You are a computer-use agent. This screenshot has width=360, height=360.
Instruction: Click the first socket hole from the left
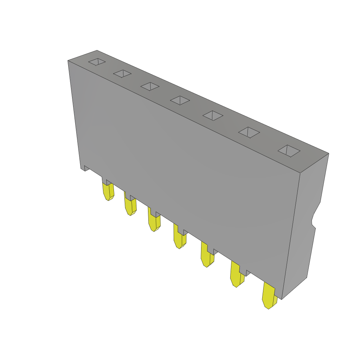(x=97, y=62)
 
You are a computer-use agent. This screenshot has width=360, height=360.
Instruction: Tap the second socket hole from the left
(x=122, y=73)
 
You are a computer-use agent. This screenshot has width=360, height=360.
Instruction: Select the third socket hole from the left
(x=150, y=86)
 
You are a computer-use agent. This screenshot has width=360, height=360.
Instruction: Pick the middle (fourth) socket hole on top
(x=180, y=100)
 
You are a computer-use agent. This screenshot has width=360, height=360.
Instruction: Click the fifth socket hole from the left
(x=213, y=115)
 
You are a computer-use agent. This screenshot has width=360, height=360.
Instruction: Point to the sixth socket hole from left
(x=249, y=133)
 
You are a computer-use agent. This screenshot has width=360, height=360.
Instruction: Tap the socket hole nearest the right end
(x=289, y=151)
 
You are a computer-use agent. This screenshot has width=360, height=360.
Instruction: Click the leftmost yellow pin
(x=108, y=192)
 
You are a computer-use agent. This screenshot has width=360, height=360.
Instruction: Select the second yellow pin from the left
(x=130, y=206)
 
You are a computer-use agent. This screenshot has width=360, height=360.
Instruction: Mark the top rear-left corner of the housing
(x=97, y=51)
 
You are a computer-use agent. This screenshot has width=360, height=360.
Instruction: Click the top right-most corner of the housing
(x=328, y=154)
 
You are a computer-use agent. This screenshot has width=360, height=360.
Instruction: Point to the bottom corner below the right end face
(x=282, y=299)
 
